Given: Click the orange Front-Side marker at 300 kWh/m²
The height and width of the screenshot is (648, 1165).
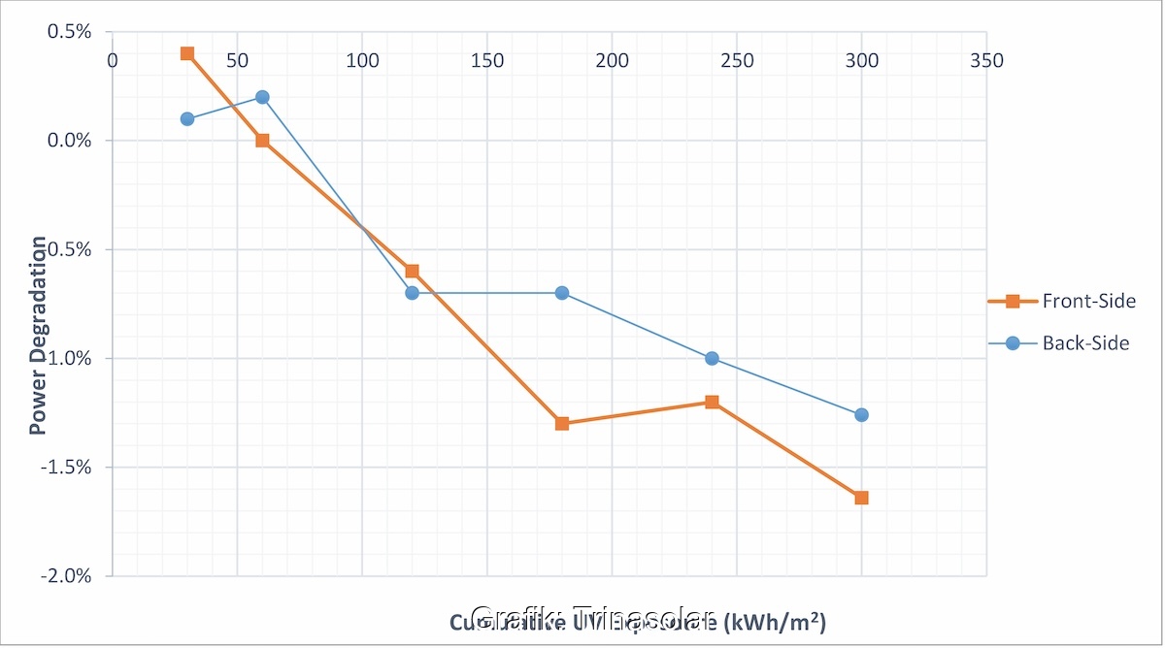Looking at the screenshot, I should (861, 498).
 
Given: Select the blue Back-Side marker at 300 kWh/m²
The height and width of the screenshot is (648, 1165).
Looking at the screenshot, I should (861, 415).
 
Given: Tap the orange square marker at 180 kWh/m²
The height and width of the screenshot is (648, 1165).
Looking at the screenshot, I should (562, 424).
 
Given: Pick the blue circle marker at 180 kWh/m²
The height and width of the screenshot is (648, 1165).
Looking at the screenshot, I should (562, 293).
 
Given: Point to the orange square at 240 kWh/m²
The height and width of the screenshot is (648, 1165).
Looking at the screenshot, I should (712, 402).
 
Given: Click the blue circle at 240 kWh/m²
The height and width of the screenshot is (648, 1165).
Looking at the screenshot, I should (712, 358).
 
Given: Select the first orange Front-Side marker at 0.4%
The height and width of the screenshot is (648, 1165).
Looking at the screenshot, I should (187, 53).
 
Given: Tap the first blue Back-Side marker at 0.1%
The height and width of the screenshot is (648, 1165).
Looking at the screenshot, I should (187, 119).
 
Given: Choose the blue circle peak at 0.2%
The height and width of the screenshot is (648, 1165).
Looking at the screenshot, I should (262, 97).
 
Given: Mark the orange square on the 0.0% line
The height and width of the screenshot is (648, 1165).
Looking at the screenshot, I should (262, 141).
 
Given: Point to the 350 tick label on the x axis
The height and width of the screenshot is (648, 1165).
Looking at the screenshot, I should (986, 60).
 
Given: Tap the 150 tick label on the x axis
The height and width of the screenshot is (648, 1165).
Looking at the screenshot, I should (487, 60).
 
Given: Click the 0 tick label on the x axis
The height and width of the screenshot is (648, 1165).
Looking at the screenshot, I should (113, 60).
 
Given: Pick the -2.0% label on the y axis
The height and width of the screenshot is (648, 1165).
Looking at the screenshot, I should (65, 576).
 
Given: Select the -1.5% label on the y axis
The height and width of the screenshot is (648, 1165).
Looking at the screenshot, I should (65, 468).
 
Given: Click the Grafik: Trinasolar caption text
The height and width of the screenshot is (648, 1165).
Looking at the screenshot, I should (592, 618).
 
